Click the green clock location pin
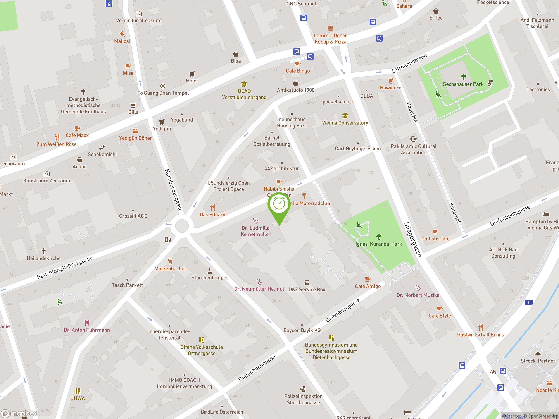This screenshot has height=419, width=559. [279, 204]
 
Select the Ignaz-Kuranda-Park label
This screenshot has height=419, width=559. [379, 244]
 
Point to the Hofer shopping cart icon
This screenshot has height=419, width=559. [192, 74]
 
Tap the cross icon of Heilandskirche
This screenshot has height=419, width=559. [44, 251]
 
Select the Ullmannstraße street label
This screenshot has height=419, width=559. [409, 63]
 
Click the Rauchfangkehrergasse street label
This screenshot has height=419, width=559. [65, 268]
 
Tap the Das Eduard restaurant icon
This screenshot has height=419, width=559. [212, 208]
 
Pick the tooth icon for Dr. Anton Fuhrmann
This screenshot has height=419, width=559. [87, 323]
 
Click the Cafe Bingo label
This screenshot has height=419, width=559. [298, 71]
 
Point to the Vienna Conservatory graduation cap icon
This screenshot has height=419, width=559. [345, 116]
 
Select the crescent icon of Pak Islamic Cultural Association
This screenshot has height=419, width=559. [413, 139]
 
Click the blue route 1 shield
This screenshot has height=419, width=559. [528, 302]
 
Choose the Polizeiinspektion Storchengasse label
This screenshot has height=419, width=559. [303, 399]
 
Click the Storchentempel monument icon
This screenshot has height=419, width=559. [209, 271]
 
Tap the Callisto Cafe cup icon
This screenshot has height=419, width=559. [435, 232]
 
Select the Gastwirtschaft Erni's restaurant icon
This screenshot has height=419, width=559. [480, 328]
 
